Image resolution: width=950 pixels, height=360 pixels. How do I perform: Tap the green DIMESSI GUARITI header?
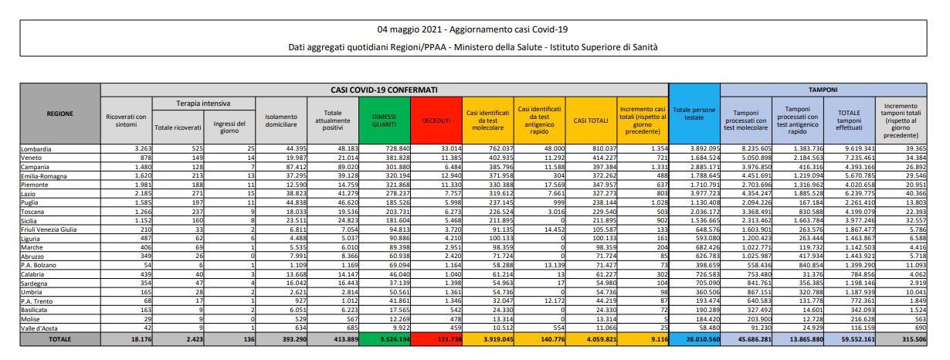click(x=385, y=120)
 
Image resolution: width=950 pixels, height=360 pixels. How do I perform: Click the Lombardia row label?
click(x=37, y=148)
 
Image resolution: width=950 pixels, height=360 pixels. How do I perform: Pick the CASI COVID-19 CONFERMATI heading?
click(x=385, y=90)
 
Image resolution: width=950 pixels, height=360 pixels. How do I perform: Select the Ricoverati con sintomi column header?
click(x=126, y=120)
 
